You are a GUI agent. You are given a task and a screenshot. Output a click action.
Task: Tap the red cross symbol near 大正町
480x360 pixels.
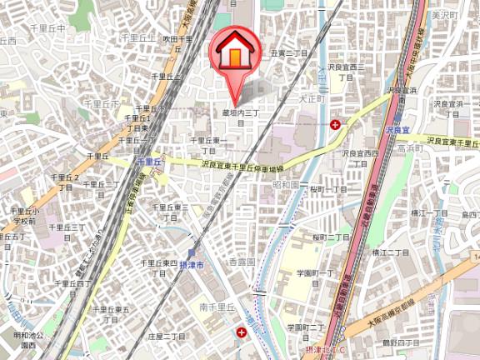335,125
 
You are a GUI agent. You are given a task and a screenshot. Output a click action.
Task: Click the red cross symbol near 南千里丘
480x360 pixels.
242,332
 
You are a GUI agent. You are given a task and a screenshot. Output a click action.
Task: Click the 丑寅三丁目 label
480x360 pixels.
289,52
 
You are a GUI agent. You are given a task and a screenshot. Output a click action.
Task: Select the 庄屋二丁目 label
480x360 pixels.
165,336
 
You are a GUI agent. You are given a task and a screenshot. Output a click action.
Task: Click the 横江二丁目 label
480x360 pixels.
390,251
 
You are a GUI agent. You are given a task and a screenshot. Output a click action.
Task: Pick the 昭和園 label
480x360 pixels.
286,184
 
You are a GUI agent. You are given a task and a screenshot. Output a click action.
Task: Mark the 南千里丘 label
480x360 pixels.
217,308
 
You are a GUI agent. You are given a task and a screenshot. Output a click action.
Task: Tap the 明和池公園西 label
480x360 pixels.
27,340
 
